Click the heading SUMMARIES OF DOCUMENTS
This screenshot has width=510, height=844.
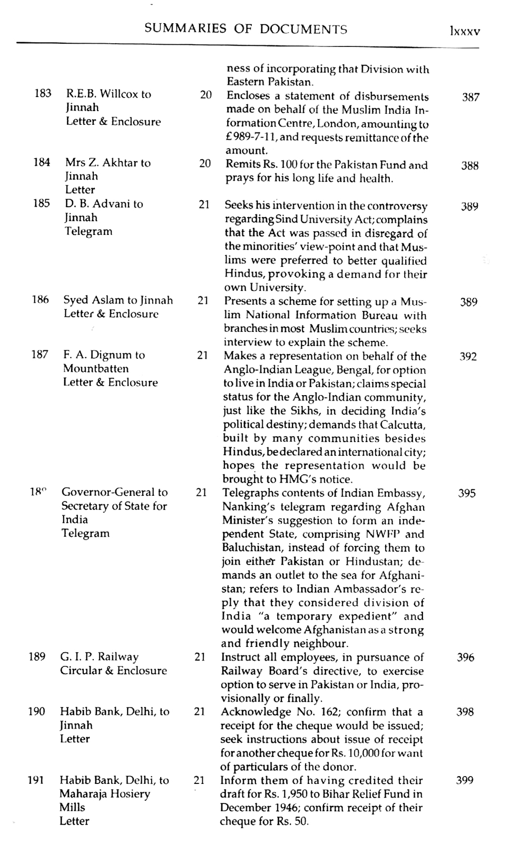(246, 29)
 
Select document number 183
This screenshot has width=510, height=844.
(43, 94)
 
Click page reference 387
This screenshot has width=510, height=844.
(470, 97)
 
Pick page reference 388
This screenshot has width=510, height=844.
(469, 166)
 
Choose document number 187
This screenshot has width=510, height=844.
(40, 355)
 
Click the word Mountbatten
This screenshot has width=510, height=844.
(96, 369)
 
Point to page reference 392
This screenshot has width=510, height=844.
(468, 357)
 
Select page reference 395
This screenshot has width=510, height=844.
(467, 494)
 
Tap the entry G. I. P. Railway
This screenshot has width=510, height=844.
(99, 657)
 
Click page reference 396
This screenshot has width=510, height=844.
(465, 657)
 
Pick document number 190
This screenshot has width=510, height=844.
(36, 712)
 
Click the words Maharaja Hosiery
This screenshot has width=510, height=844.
(104, 794)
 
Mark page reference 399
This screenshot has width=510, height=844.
(464, 781)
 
